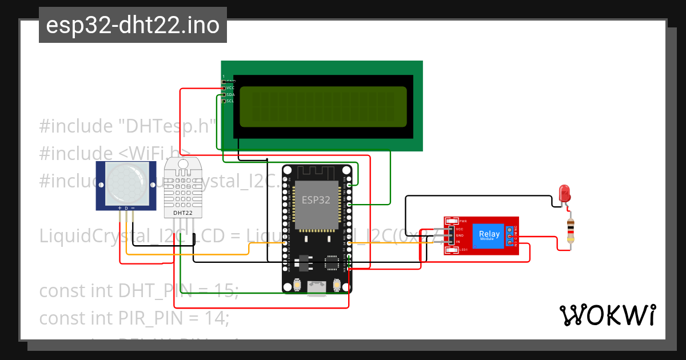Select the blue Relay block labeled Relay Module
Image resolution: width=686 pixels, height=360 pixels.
(489, 234)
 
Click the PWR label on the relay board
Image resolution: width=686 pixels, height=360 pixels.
(463, 221)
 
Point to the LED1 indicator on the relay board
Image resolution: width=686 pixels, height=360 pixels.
(463, 250)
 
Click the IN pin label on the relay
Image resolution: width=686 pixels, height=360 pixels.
(458, 242)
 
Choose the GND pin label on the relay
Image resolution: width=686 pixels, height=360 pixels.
(460, 235)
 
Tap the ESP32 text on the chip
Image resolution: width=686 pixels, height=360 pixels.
(316, 201)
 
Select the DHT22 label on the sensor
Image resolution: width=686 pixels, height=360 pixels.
(183, 213)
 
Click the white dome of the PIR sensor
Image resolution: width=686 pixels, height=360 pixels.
(126, 184)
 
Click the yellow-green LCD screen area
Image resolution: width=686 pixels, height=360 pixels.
(323, 107)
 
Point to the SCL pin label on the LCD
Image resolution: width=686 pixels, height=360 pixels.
(230, 101)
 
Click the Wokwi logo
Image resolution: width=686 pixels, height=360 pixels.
(607, 315)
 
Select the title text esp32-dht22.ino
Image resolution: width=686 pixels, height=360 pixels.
(133, 26)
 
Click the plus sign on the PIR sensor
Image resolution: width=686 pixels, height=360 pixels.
(119, 208)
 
